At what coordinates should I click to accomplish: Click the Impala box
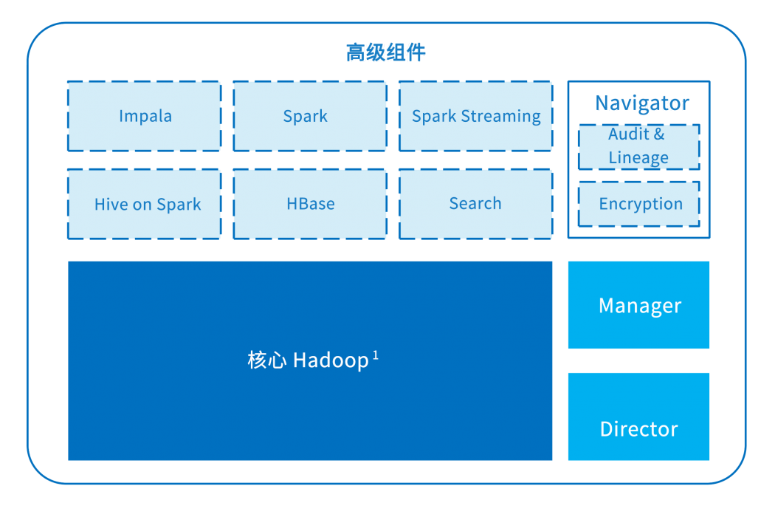coord(145,116)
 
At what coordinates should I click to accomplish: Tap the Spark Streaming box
coord(476,116)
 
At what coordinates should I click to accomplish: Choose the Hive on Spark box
coord(145,205)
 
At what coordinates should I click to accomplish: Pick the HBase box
coord(310,204)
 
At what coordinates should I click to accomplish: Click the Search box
coord(476,204)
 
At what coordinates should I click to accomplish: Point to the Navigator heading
coord(641,103)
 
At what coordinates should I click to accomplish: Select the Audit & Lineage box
coord(638,146)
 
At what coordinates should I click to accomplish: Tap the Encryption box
coord(640,204)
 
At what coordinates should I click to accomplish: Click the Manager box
coord(639,305)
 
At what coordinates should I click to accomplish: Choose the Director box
coord(639,428)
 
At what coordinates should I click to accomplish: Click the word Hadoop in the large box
coord(331,361)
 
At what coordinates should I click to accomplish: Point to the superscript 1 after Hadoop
coord(376,355)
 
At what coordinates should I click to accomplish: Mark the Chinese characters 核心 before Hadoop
coord(266,361)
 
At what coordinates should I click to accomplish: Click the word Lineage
coord(638,158)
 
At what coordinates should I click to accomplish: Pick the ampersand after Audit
coord(658,134)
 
